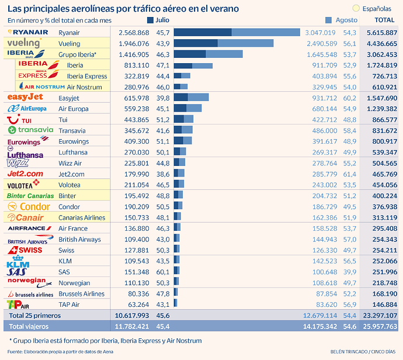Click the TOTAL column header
[384, 20]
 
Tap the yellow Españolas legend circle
[356, 9]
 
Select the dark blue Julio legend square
[151, 20]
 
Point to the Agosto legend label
[346, 20]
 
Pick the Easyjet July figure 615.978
[134, 98]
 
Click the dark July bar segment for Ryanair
[202, 33]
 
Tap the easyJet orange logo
[26, 97]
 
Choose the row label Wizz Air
[70, 163]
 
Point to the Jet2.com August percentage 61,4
[350, 174]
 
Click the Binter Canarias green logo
[30, 196]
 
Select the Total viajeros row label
[29, 326]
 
